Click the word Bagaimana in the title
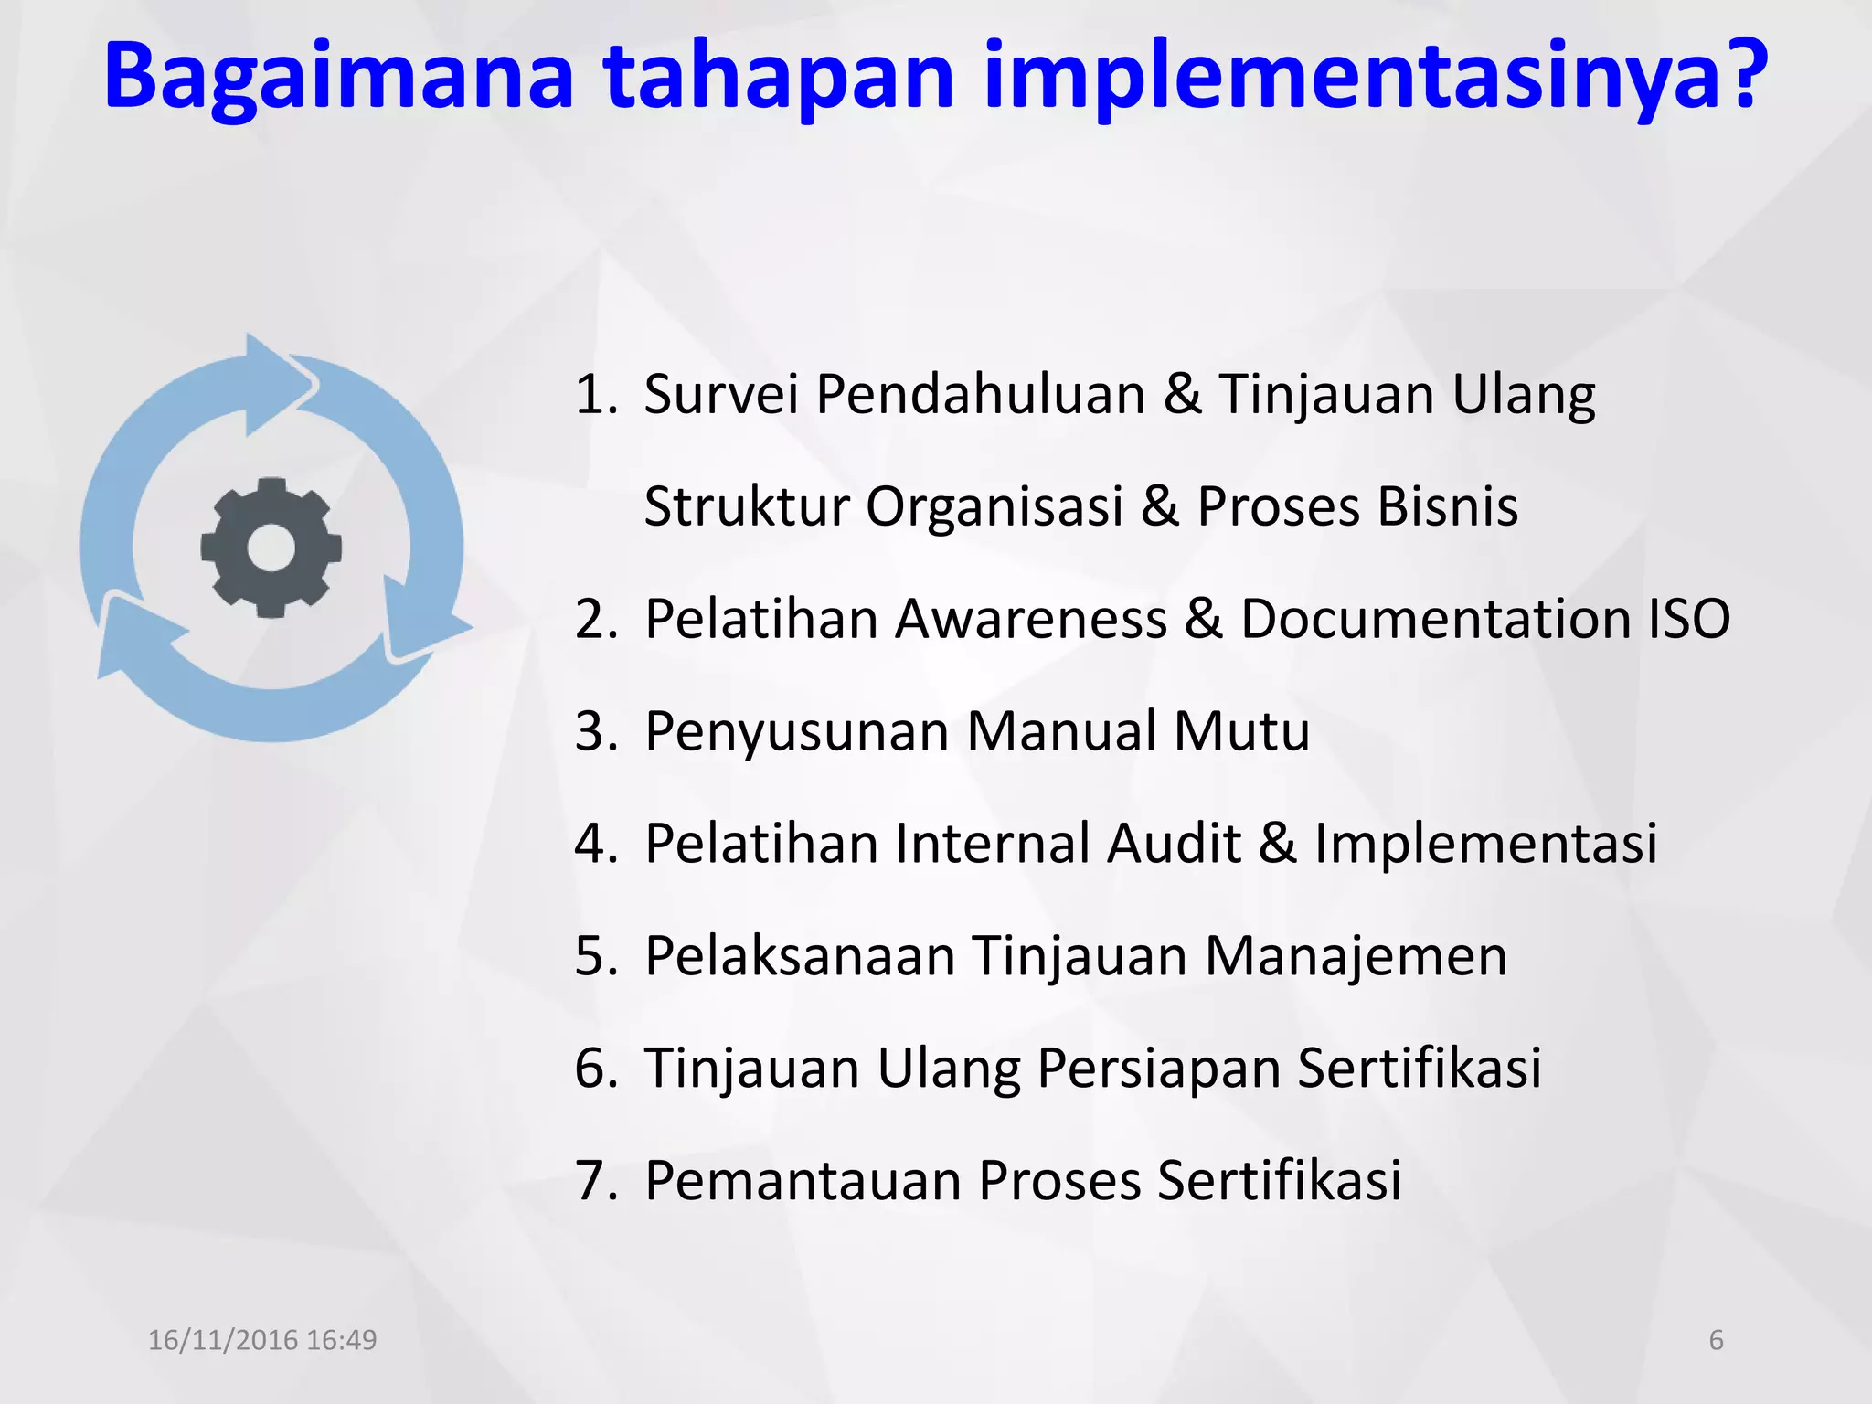pos(338,77)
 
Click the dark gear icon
pos(271,548)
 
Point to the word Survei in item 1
pos(721,395)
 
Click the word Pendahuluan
pos(980,395)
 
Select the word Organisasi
pos(994,506)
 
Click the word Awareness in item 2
pos(1031,619)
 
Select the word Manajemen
pos(1356,956)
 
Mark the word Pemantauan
pos(802,1180)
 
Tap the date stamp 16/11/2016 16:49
pos(262,1340)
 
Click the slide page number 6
pos(1716,1340)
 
